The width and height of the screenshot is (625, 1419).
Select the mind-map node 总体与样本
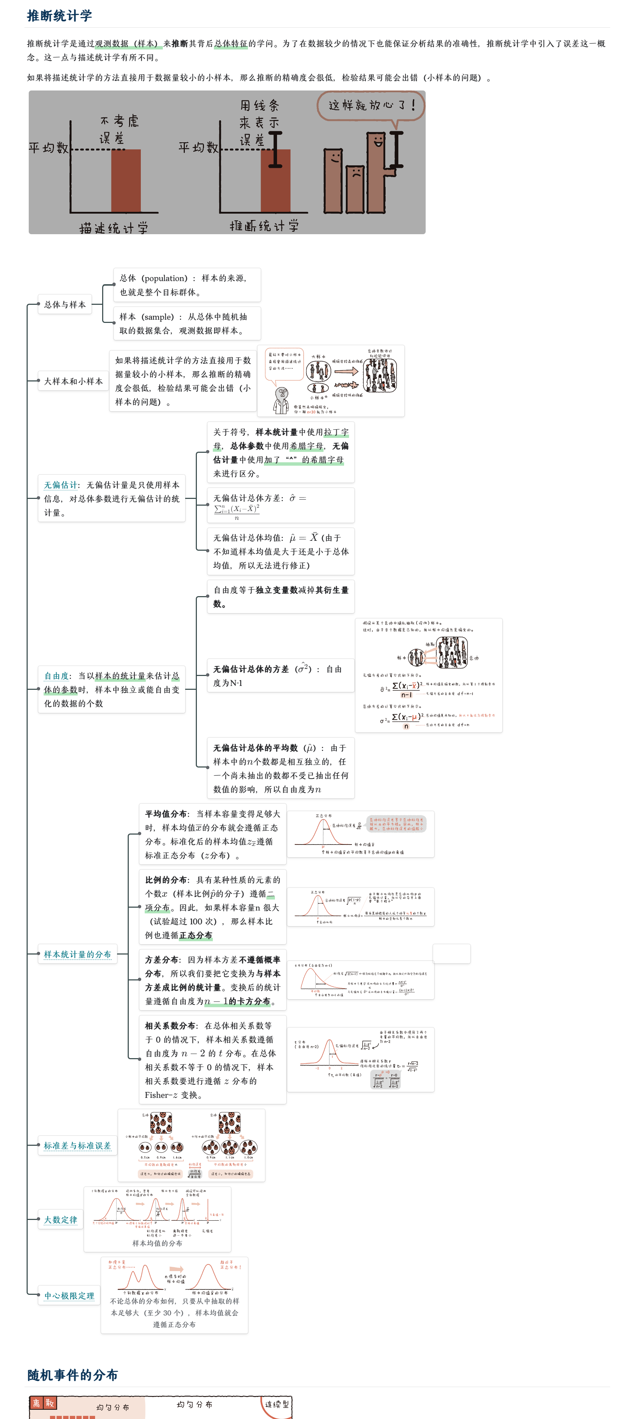[x=65, y=304]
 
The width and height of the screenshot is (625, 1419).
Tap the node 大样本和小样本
[x=73, y=381]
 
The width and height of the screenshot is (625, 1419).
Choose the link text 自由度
[x=56, y=676]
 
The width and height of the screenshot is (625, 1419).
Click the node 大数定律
[x=61, y=1220]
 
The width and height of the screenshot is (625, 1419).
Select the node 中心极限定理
[x=69, y=1296]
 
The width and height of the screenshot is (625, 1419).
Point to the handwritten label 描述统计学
[x=114, y=227]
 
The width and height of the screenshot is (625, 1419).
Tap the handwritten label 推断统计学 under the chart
[x=264, y=225]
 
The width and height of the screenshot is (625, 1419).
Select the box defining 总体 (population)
[x=187, y=285]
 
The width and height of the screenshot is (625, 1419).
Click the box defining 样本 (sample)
[x=187, y=323]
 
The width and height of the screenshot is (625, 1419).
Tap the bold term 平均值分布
[x=165, y=814]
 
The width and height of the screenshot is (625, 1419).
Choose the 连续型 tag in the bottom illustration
[x=276, y=1404]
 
